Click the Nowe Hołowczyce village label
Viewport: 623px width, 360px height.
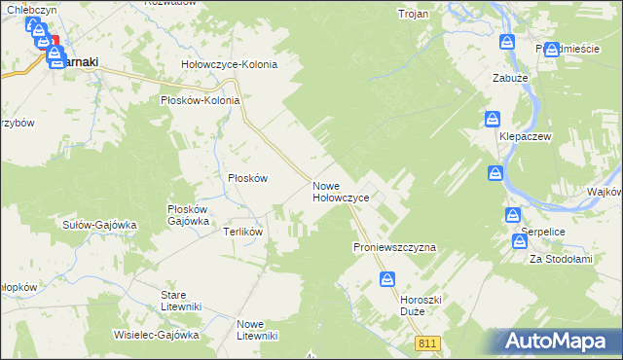[340, 192]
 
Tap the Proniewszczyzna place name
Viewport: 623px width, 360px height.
[394, 248]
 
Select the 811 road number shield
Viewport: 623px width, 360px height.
[427, 343]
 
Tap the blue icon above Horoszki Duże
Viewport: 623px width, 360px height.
[387, 279]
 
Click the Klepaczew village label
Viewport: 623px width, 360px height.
[526, 137]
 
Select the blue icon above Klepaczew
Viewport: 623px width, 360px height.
[494, 120]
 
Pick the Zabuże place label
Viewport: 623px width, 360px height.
[510, 77]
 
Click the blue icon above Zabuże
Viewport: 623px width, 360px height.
[507, 42]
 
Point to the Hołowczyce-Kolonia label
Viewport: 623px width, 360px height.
[230, 64]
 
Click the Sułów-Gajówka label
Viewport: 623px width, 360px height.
[98, 224]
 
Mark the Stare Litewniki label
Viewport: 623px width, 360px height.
[182, 300]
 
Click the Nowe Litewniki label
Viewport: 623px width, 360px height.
[257, 330]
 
